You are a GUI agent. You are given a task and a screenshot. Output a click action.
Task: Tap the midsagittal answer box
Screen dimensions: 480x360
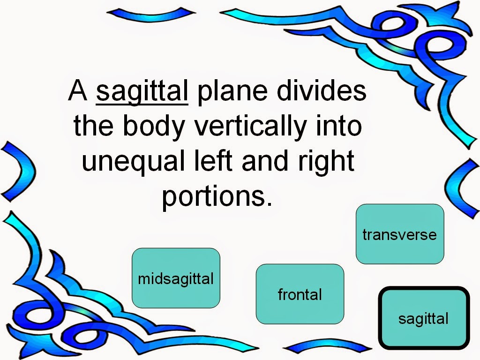click(176, 278)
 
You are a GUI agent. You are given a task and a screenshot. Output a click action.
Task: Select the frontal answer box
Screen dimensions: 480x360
click(300, 294)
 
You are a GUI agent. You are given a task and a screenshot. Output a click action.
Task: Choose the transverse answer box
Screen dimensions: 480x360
click(400, 234)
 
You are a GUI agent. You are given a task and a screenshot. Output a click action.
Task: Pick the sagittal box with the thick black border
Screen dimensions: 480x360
click(424, 318)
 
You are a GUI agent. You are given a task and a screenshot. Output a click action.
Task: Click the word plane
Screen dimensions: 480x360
click(232, 92)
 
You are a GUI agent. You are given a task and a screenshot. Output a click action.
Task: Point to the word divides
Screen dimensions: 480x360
click(322, 90)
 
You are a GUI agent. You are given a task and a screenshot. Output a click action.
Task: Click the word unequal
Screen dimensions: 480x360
click(134, 161)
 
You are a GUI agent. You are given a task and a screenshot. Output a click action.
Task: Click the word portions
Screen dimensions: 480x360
click(217, 196)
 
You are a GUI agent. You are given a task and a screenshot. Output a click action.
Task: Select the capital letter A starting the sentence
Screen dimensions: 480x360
click(78, 90)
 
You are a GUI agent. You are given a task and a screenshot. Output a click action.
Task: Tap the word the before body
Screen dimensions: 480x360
click(93, 126)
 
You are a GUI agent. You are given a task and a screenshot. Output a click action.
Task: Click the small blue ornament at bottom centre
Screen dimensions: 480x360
click(327, 346)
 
